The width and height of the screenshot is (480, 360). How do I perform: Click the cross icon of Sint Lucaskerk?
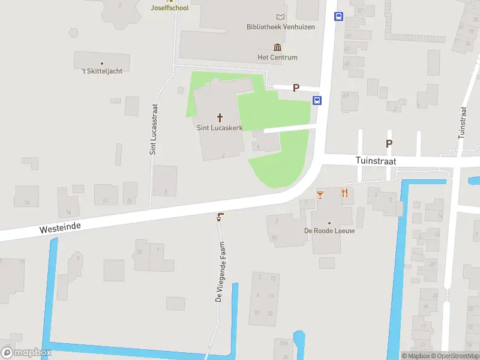coord(220,117)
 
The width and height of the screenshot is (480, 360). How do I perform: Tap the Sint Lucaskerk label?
coord(220,127)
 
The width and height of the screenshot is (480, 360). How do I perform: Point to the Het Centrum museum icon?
coord(277,47)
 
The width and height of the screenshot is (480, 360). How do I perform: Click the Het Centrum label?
coord(277,58)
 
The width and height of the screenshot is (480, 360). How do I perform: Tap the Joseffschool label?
coord(170,8)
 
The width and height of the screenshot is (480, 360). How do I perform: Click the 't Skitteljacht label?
coord(102,71)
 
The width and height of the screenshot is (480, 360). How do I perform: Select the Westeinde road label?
coord(60,227)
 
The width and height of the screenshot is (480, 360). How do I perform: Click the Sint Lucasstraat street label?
coord(154,129)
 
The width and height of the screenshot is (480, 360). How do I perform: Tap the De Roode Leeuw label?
coord(329,231)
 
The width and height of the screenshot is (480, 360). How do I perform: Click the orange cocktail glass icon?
coord(320,194)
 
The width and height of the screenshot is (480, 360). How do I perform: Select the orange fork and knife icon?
coord(344,193)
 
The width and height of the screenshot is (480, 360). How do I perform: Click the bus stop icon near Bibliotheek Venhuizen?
coord(338,17)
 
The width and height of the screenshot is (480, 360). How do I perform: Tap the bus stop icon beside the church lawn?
coord(317,100)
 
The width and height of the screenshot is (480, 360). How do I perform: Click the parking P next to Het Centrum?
coord(295,88)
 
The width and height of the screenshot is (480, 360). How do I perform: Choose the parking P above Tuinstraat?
coord(389,143)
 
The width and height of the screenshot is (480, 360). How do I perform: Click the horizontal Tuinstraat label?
coord(375,161)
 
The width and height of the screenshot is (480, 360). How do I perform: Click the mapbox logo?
coord(26,353)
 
